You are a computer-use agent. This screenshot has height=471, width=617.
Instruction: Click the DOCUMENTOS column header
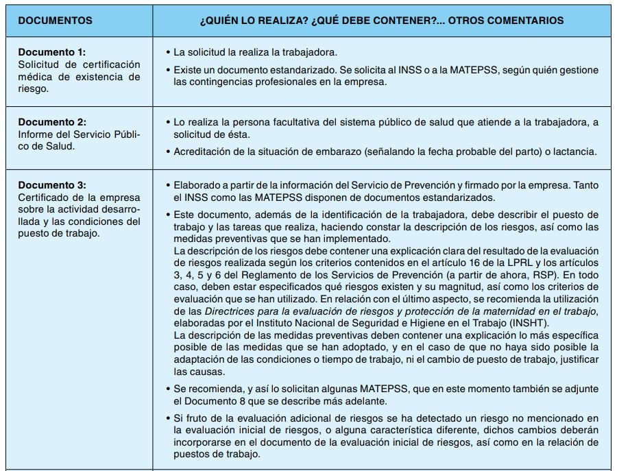coord(55,21)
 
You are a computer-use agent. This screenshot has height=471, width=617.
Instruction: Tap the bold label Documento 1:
coord(52,52)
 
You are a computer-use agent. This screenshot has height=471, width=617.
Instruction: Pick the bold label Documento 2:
coord(52,121)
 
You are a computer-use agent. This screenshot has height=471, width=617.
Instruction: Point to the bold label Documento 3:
coord(52,185)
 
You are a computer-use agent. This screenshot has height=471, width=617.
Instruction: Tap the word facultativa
coord(281,121)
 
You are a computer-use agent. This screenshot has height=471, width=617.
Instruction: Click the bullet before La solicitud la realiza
coord(169,52)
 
